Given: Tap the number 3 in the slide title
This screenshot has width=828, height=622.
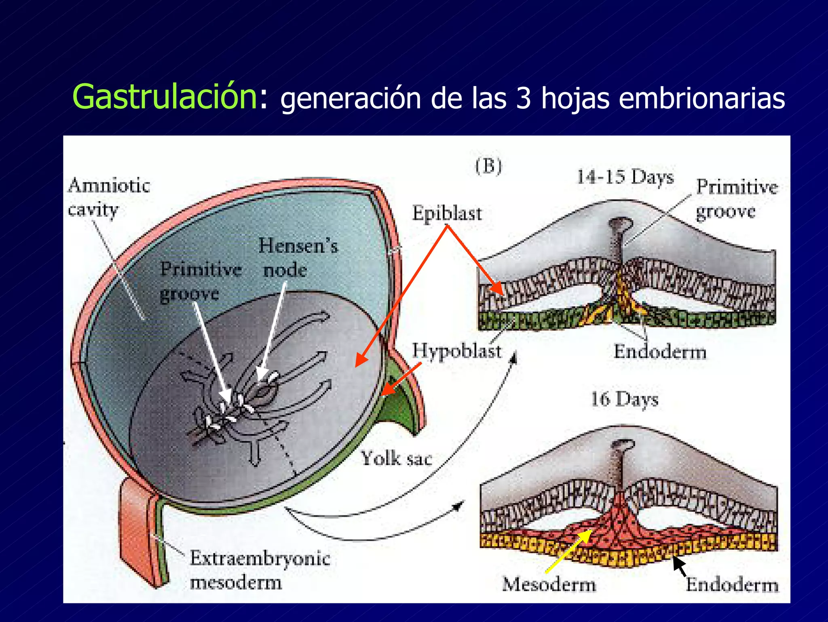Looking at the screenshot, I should tap(523, 98).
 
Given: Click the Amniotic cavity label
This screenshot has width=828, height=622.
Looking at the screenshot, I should tap(108, 197).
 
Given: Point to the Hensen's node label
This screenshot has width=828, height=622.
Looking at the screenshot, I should tap(298, 257).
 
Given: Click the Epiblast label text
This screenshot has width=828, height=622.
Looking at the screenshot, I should tap(447, 213).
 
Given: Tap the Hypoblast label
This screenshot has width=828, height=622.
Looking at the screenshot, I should tap(456, 350).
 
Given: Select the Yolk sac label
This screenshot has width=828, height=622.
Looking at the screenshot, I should tap(396, 458).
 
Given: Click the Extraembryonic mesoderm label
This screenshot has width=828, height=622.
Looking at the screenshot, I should tap(260, 570).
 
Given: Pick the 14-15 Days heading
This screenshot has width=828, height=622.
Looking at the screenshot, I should tap(625, 177).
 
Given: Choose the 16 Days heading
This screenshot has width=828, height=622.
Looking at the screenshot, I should tap(625, 399).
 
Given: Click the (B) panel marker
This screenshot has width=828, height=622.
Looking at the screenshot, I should tap(488, 166).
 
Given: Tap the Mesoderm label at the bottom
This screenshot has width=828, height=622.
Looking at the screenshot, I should tap(549, 584).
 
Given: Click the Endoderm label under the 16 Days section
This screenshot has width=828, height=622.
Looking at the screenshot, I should tap(732, 585).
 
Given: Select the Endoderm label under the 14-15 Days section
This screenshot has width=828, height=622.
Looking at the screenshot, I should tap(660, 351).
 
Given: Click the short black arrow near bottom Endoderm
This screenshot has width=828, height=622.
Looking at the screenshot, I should tap(680, 566).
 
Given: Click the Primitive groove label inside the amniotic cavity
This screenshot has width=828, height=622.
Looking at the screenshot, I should tap(200, 281).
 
